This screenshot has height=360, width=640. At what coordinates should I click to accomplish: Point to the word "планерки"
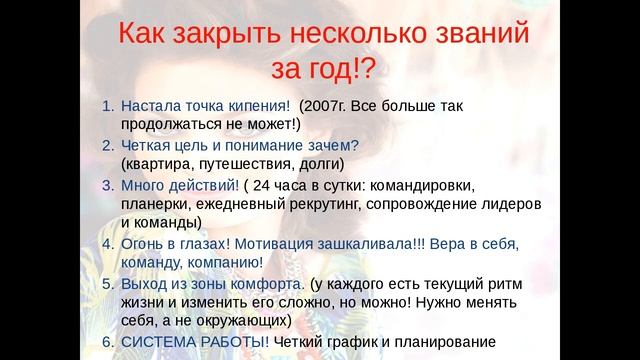(155, 204)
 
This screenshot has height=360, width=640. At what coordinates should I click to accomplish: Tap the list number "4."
(109, 244)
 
